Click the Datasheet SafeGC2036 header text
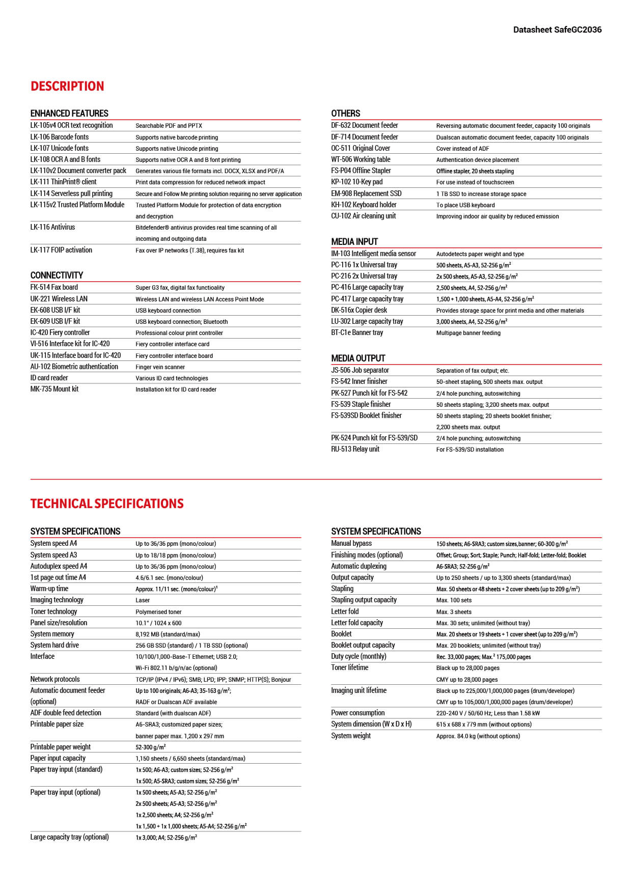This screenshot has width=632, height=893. (x=557, y=30)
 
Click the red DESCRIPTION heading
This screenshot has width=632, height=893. (x=67, y=86)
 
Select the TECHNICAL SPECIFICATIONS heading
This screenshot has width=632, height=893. (x=107, y=504)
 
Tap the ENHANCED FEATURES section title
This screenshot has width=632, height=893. (x=69, y=114)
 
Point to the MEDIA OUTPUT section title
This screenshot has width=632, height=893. (x=358, y=358)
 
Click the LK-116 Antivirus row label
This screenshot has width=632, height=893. (x=52, y=227)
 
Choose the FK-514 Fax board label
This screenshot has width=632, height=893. (x=54, y=287)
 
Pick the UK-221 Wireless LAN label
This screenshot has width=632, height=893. (x=59, y=299)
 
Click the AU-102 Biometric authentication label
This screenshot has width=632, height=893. (x=74, y=367)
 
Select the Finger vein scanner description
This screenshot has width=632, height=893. (x=160, y=367)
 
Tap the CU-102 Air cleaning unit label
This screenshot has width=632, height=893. (x=363, y=216)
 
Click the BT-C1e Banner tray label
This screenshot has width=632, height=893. (x=356, y=332)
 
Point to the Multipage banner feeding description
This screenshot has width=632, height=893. (x=468, y=333)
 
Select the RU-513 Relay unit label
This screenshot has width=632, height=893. (x=355, y=449)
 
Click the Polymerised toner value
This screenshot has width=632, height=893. (x=158, y=612)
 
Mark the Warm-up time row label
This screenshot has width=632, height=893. (x=49, y=589)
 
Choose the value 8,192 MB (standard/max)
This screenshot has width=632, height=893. (x=168, y=634)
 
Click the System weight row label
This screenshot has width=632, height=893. (x=351, y=736)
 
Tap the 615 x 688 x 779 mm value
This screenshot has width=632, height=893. (x=483, y=724)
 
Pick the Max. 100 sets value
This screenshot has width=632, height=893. (x=454, y=600)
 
